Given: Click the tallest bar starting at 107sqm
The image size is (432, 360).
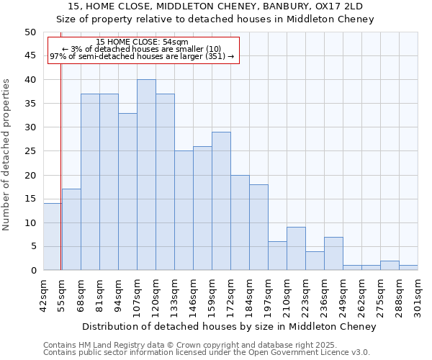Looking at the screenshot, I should (x=146, y=175).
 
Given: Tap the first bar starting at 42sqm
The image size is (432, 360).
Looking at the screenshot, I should (x=53, y=237).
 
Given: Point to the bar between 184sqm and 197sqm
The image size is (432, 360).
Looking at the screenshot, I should (x=258, y=228).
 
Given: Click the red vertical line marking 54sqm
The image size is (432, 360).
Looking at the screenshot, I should (x=61, y=166).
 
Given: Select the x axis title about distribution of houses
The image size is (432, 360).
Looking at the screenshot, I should (x=230, y=327).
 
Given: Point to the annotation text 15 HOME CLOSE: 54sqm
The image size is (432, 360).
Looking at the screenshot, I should (x=142, y=42).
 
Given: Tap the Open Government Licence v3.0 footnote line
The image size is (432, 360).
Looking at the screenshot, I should (x=207, y=353).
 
